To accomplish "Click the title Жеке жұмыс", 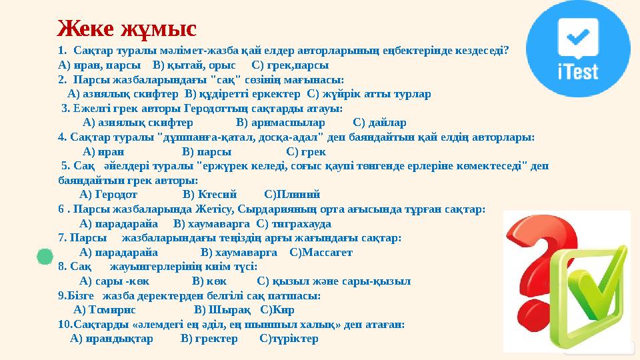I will coord(127,29).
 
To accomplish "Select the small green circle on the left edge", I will coord(44,257).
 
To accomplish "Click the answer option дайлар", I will coord(379,123).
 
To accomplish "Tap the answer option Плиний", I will coord(293,195).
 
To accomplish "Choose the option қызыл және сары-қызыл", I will coord(333,281).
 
